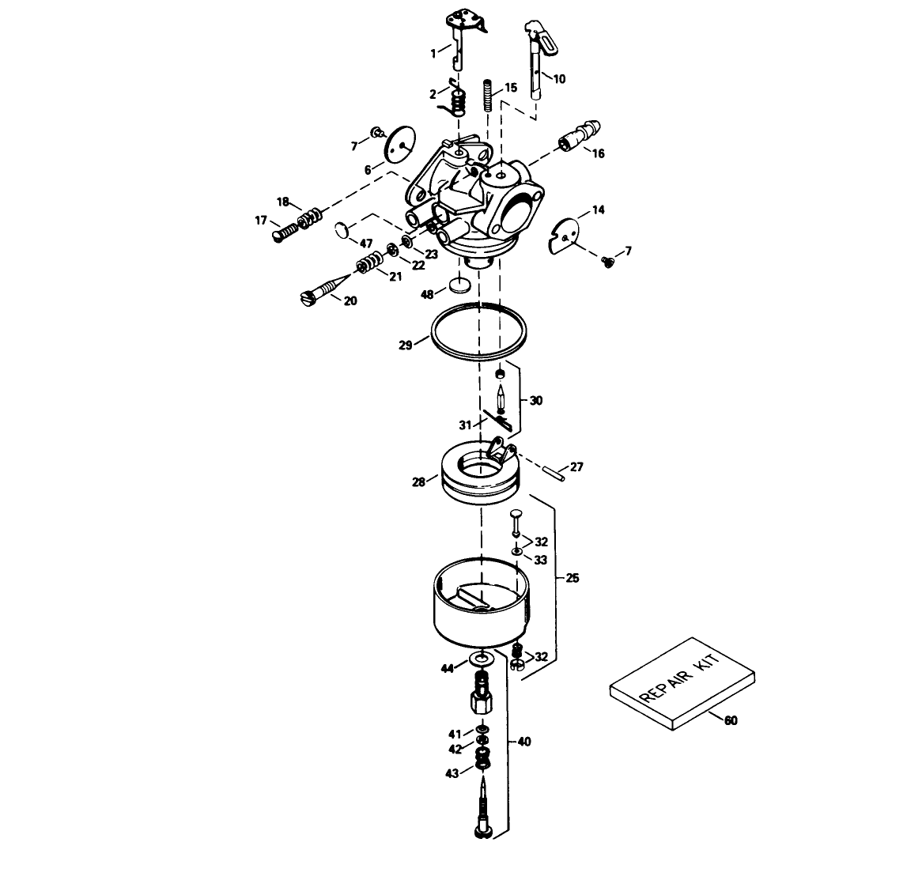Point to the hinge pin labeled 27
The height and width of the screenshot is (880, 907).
(x=552, y=472)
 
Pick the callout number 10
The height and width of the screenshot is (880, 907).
(x=559, y=79)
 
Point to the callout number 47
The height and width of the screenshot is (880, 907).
(x=366, y=242)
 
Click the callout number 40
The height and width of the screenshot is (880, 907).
(x=524, y=742)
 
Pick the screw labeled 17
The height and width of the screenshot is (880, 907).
(x=287, y=232)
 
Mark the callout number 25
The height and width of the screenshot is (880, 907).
(x=572, y=579)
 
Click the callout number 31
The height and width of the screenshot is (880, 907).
(x=465, y=425)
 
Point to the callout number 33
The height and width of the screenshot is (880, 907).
(x=540, y=560)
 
